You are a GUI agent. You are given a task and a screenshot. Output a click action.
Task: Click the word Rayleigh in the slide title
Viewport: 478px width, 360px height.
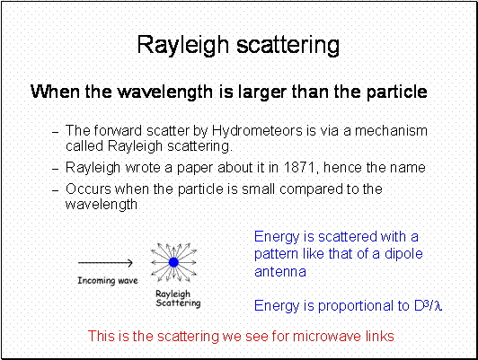(x=183, y=46)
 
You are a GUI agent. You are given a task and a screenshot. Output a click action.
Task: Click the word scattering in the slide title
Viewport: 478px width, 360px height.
(x=288, y=46)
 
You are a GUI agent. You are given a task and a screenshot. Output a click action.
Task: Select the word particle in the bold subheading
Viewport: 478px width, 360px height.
(x=396, y=92)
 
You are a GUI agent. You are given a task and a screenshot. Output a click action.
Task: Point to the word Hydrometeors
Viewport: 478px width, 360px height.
(x=257, y=131)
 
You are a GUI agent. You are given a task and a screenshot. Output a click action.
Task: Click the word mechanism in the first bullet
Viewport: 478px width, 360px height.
(x=391, y=131)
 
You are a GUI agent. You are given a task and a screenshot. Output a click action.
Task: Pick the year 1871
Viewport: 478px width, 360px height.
(x=299, y=167)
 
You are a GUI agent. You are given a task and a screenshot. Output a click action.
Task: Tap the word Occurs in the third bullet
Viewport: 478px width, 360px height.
(x=88, y=189)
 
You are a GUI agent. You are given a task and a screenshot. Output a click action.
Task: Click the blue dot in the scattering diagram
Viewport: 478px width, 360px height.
(x=173, y=262)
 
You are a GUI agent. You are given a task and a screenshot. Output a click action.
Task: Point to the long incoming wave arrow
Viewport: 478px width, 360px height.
(x=105, y=262)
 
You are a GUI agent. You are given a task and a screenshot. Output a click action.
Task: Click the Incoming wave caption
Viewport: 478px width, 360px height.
(x=108, y=280)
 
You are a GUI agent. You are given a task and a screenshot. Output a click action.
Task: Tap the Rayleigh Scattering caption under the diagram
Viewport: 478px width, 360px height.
(x=178, y=298)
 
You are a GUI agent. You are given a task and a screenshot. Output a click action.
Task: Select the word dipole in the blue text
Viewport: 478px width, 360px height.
(x=403, y=254)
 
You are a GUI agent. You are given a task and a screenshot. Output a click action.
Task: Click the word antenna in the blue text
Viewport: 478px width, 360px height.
(x=280, y=272)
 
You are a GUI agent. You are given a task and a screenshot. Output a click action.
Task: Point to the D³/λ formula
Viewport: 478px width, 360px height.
(x=428, y=305)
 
